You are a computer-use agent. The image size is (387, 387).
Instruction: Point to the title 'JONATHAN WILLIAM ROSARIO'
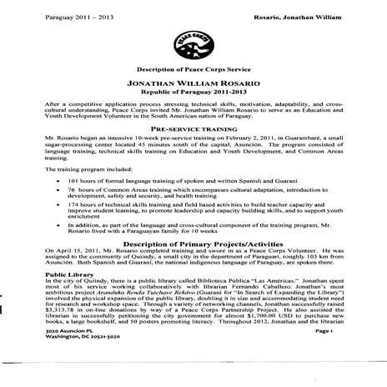[193, 84]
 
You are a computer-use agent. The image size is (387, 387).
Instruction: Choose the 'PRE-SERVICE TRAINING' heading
[193, 129]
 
